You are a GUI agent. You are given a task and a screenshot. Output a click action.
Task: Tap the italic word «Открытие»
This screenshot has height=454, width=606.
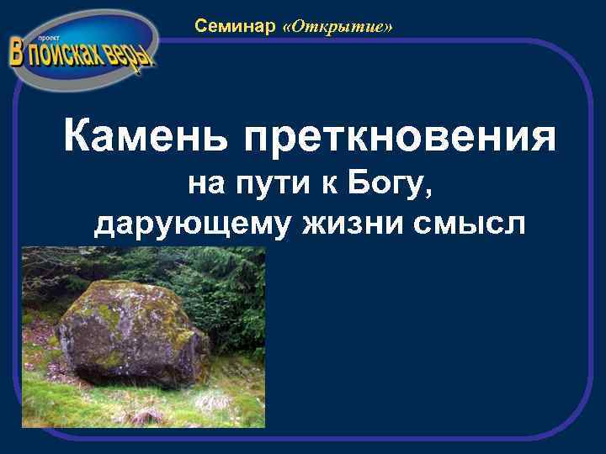(x=338, y=28)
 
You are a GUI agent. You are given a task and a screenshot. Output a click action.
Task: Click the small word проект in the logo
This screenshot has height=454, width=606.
(x=43, y=39)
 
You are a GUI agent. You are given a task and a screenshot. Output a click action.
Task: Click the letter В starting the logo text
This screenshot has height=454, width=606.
(x=19, y=52)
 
